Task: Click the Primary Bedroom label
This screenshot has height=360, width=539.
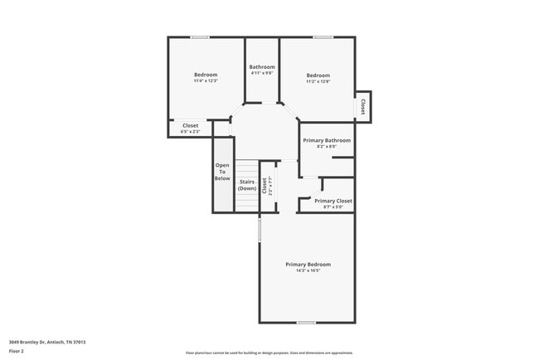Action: pos(308,264)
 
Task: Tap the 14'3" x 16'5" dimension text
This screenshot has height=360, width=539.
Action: pos(308,270)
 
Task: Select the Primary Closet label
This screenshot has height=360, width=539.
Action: pos(333,201)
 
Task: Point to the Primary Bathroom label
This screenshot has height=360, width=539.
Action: pos(327,140)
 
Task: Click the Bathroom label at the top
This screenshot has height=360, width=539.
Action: pos(262,67)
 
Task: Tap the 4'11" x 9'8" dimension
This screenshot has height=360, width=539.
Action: pos(262,74)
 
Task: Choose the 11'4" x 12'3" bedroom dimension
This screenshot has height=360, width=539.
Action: pos(206,80)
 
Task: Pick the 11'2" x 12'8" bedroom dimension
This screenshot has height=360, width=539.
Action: pos(318,81)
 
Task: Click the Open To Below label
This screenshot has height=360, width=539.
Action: pos(222,172)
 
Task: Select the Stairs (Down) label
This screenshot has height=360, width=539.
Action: pos(247,185)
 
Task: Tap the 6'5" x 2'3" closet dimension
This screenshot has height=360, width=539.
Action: pos(191,132)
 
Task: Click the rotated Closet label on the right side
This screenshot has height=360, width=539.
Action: pos(362,106)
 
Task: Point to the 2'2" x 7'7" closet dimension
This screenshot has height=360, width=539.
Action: pos(270,185)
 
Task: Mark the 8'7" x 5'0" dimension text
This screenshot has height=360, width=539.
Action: pos(333,207)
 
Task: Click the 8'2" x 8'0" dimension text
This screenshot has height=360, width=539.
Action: pos(327,147)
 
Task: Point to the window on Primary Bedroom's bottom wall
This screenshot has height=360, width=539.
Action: pos(306,322)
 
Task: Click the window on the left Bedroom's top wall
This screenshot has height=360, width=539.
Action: pos(200,36)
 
